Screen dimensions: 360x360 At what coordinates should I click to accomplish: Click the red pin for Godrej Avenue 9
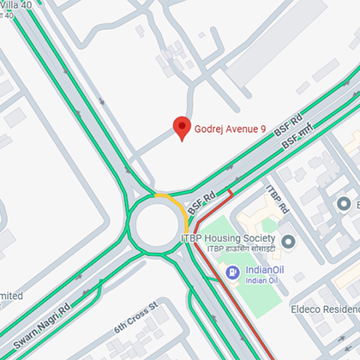tap(181, 128)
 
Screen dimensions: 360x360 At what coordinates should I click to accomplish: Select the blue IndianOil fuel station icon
tap(231, 273)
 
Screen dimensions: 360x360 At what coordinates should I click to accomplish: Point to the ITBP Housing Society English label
tap(226, 237)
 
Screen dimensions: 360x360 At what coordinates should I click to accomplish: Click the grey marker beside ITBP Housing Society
tap(288, 241)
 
